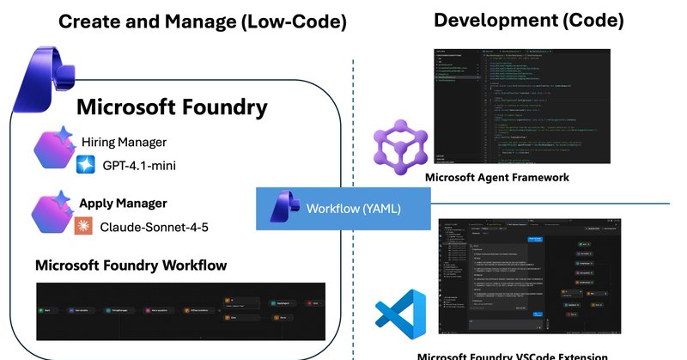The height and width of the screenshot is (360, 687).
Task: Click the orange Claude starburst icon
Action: point(84,226)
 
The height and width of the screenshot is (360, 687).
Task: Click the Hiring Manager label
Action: point(124,141)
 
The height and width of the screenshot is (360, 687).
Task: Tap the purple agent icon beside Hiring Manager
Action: point(52,149)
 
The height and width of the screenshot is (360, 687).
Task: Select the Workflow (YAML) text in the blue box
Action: point(353,208)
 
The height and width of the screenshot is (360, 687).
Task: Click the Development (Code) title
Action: point(528,20)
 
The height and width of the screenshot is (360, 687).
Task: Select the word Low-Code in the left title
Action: point(291,22)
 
